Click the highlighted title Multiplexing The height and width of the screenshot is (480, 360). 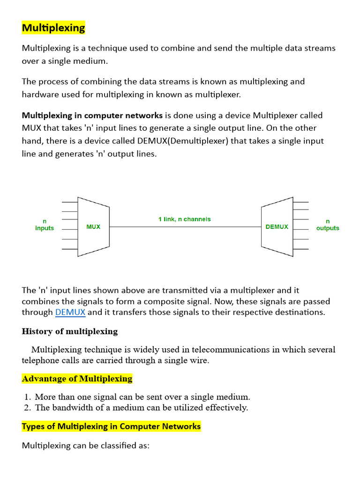click(53, 28)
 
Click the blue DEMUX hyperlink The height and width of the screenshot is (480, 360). click(70, 312)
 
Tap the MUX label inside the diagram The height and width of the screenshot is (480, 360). click(93, 227)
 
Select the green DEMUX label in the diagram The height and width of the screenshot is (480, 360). click(277, 227)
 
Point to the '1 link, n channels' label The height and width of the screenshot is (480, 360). click(184, 219)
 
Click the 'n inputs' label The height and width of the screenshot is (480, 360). click(45, 225)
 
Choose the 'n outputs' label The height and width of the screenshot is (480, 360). click(328, 225)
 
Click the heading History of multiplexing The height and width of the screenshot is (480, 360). click(70, 331)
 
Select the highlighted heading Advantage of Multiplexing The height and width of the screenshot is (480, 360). click(77, 378)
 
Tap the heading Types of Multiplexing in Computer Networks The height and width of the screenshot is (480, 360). click(112, 426)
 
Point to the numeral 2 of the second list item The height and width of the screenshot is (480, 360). click(28, 407)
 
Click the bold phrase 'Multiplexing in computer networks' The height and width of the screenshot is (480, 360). click(92, 115)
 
